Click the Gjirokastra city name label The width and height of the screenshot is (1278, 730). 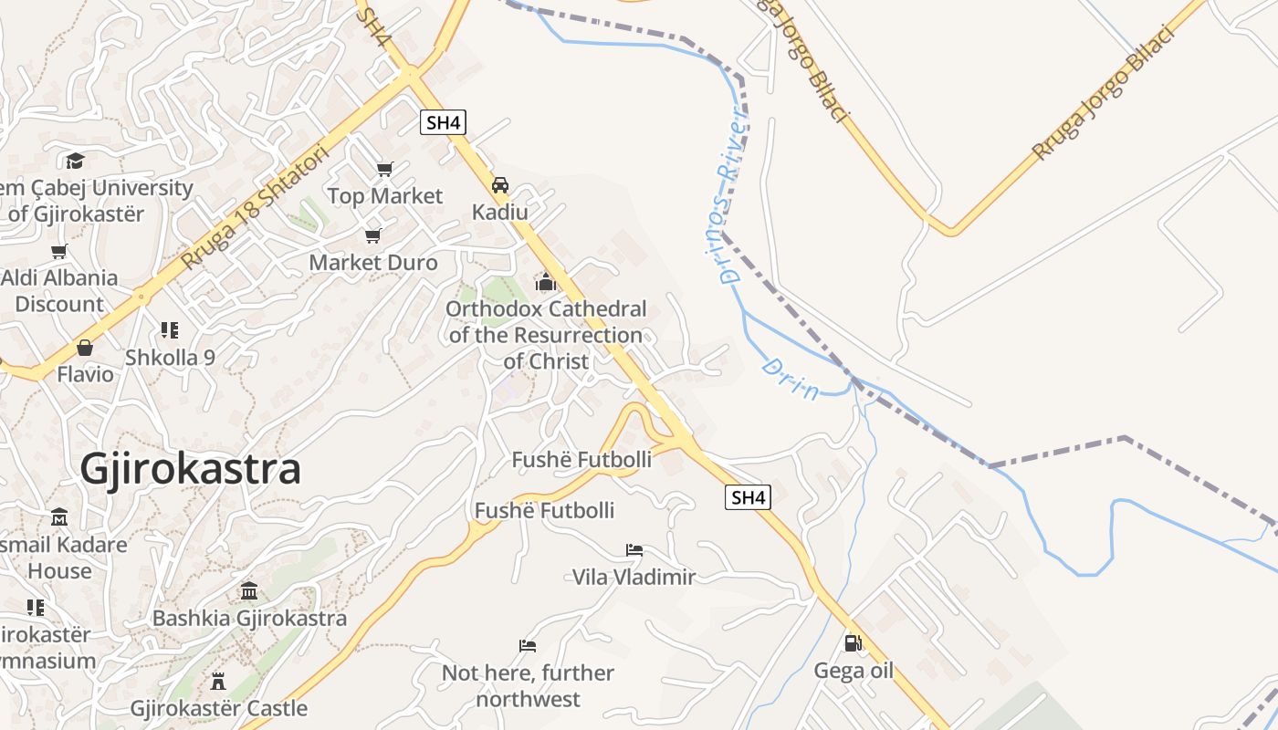[x=190, y=469]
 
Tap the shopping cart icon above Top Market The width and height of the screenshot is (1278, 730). [x=384, y=169]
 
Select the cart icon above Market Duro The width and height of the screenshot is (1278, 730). [x=372, y=236]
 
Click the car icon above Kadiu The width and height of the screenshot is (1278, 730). [x=500, y=185]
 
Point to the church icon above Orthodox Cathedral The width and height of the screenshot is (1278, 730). [x=546, y=282]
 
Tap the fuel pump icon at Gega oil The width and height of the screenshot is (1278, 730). [x=853, y=643]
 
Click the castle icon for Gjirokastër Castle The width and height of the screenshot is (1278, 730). [x=218, y=681]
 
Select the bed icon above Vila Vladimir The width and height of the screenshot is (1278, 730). [x=634, y=549]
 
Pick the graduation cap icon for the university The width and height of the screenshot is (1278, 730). [x=75, y=162]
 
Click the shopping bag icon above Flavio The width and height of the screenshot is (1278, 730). [x=85, y=348]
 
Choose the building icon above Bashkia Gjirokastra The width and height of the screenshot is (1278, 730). [x=249, y=591]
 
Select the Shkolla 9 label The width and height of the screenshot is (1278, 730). [x=170, y=357]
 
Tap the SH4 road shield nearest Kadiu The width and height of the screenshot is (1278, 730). [x=443, y=122]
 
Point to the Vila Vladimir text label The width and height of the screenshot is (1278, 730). [x=634, y=577]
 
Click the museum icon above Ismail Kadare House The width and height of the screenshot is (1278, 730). [x=59, y=517]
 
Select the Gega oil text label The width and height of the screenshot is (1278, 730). [x=854, y=671]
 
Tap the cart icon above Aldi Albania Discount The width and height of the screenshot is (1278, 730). [x=59, y=251]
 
